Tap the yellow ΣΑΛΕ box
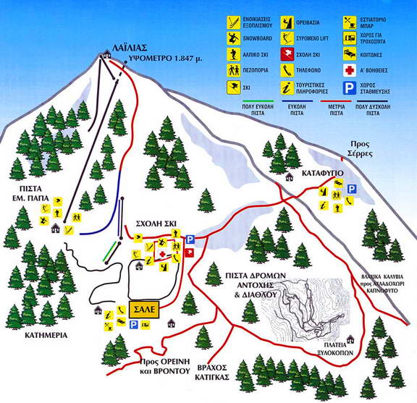[145, 308]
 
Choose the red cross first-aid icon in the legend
[348, 70]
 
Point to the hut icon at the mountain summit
[107, 54]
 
